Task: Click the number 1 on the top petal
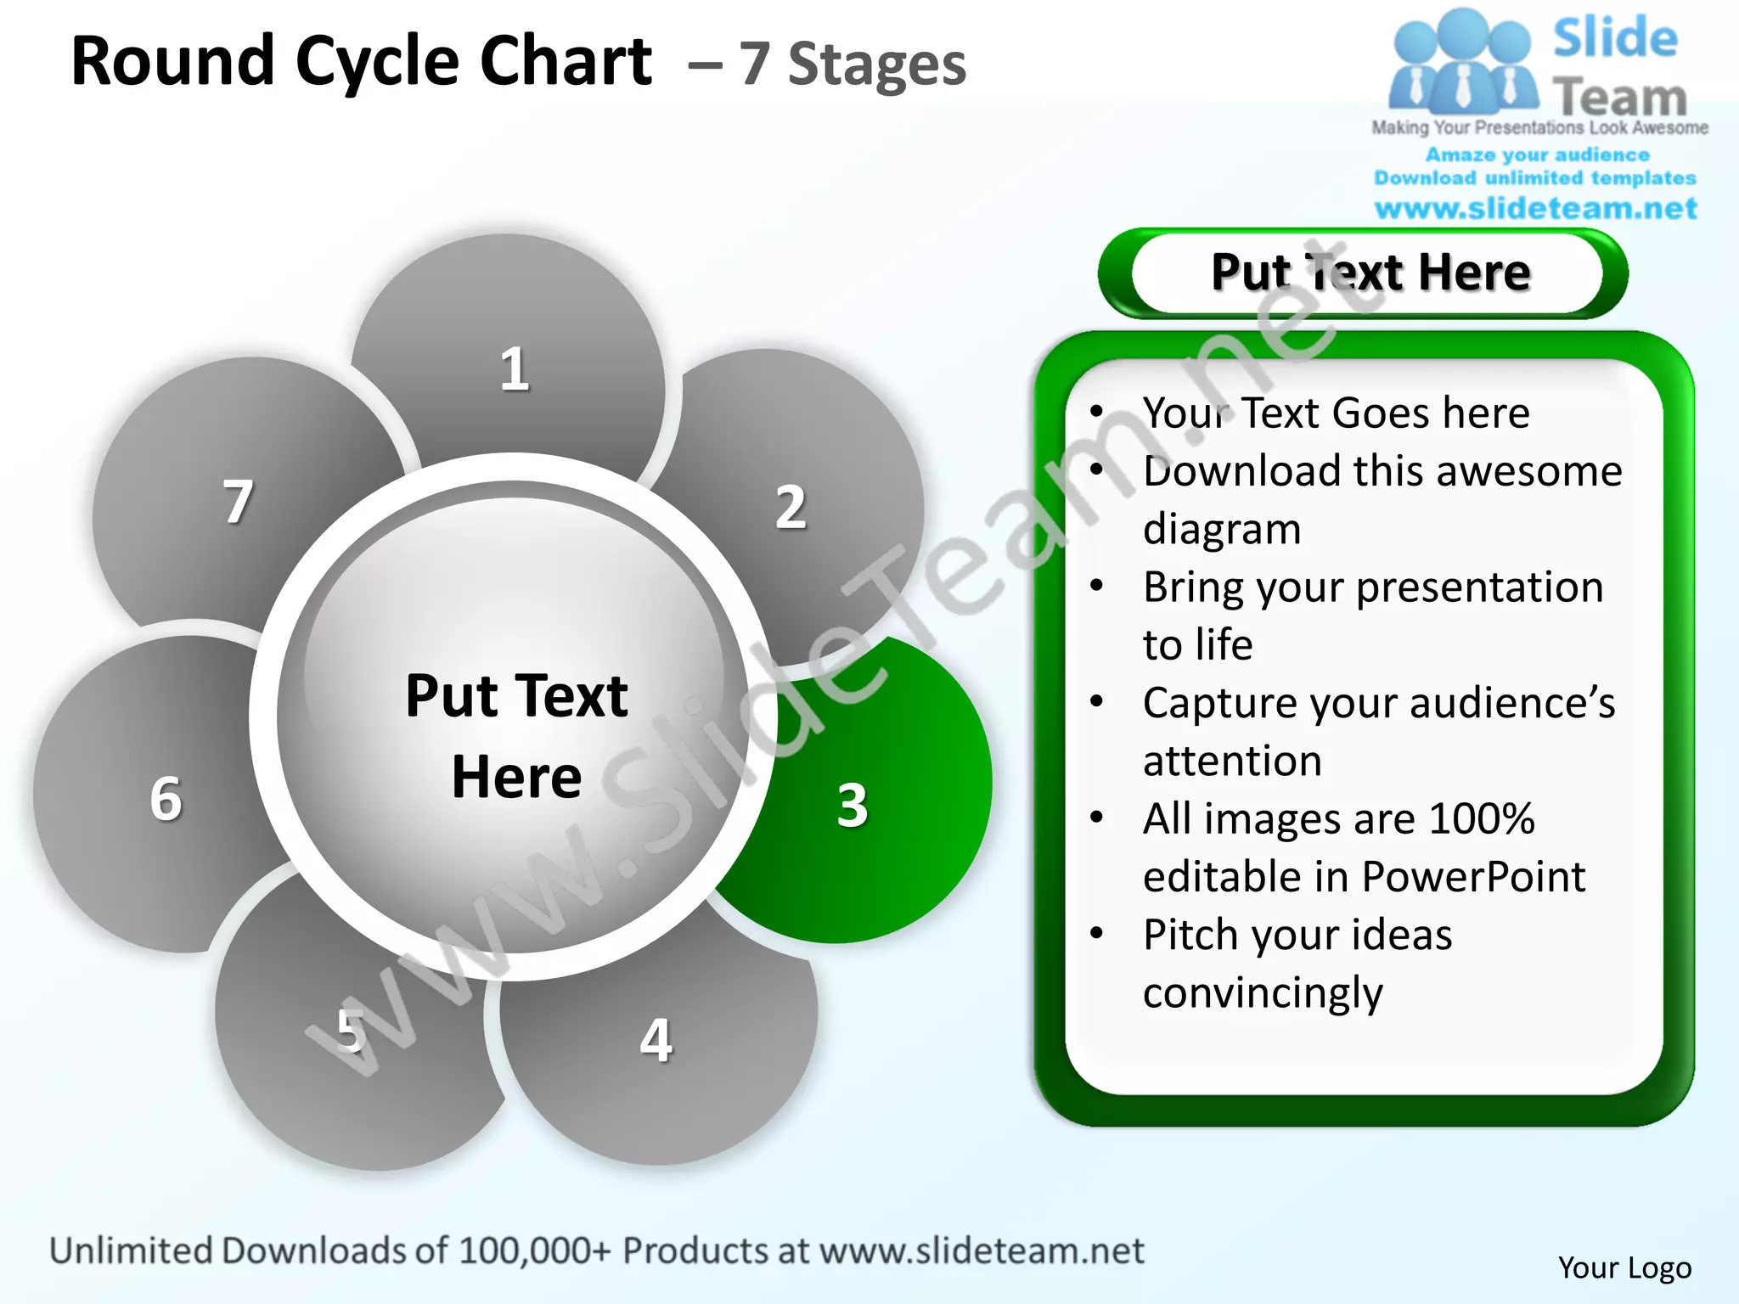click(x=514, y=370)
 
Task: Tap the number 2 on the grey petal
click(x=791, y=508)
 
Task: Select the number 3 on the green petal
click(x=853, y=805)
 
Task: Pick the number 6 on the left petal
click(x=166, y=799)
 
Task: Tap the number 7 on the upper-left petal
click(x=238, y=502)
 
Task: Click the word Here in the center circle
click(x=516, y=778)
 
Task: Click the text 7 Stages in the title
click(x=852, y=65)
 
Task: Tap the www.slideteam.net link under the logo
click(x=1535, y=209)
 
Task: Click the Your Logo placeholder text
click(x=1624, y=1267)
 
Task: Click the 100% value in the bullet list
click(x=1481, y=819)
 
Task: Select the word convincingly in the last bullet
click(x=1263, y=993)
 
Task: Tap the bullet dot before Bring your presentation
click(x=1096, y=586)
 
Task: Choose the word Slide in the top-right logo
click(x=1615, y=39)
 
